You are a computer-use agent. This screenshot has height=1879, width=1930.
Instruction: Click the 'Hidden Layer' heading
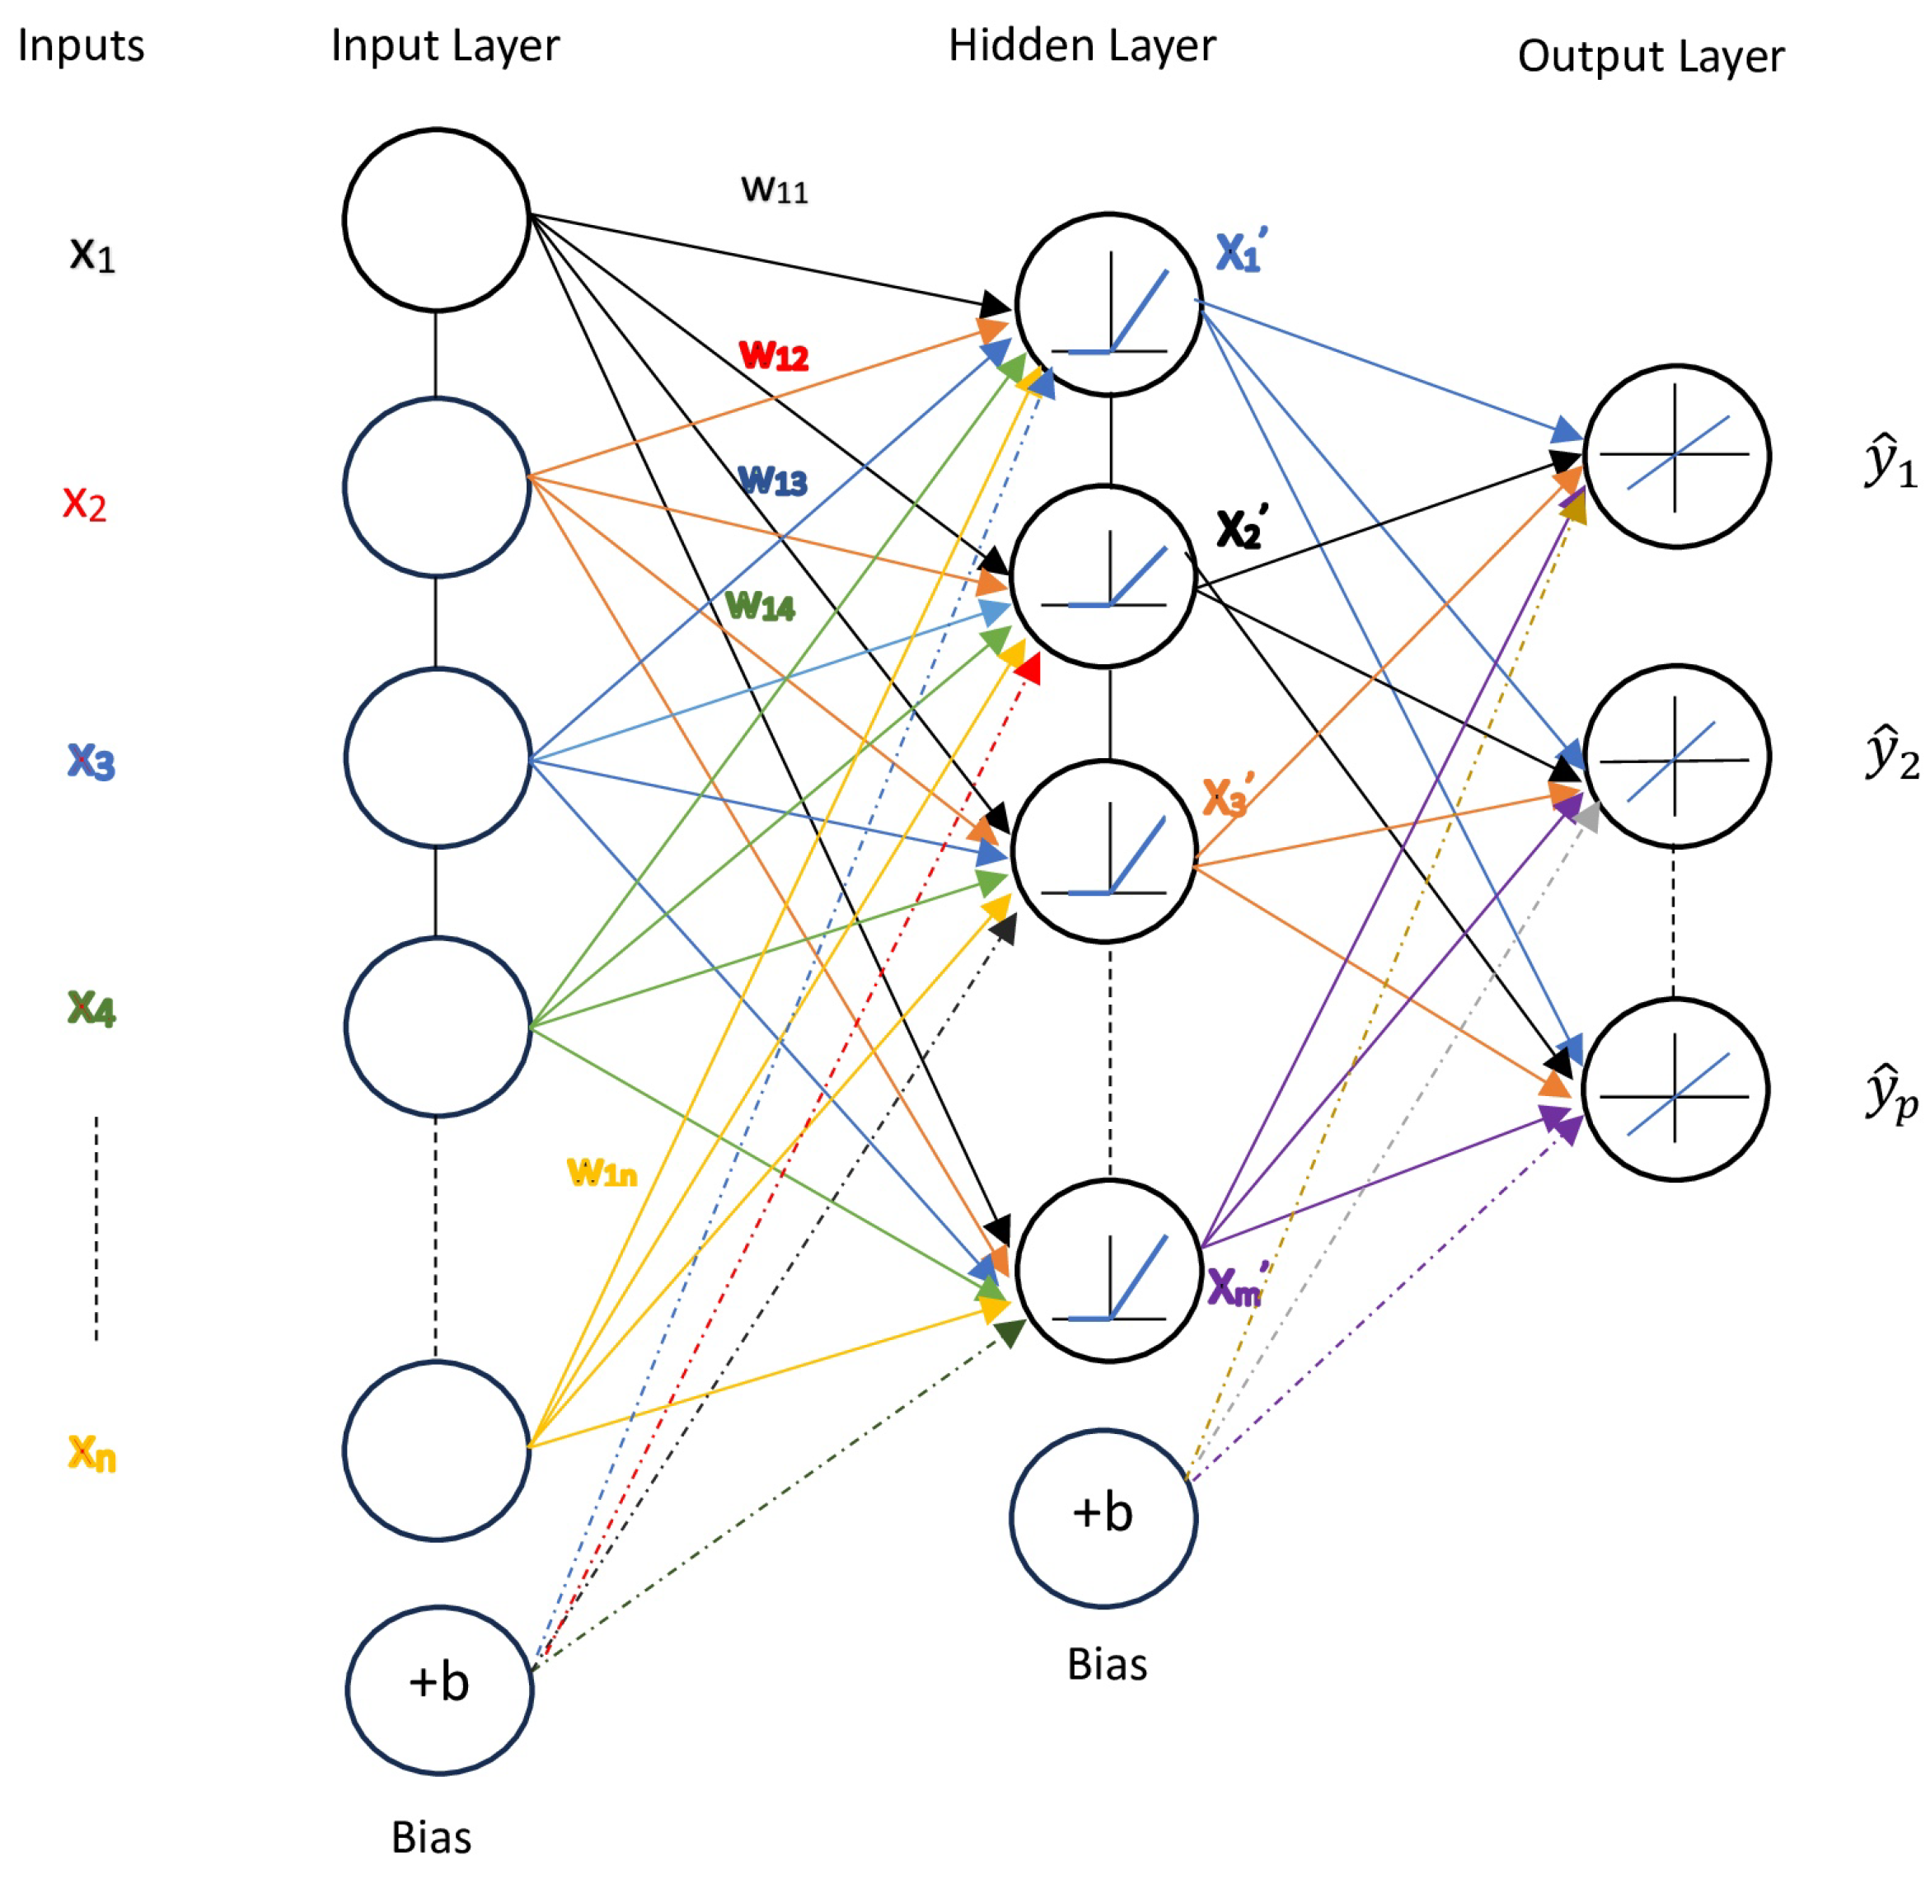pyautogui.click(x=1081, y=45)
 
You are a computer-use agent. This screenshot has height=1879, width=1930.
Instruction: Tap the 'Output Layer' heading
pyautogui.click(x=1650, y=56)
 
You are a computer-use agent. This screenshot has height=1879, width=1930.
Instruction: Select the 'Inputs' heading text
pyautogui.click(x=81, y=45)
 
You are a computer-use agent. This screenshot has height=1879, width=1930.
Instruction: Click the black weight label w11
pyautogui.click(x=775, y=189)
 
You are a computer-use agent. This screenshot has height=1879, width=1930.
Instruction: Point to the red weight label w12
pyautogui.click(x=774, y=354)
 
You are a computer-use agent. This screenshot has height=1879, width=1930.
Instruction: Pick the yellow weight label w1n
pyautogui.click(x=602, y=1173)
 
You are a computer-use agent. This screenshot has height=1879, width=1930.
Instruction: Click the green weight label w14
pyautogui.click(x=760, y=605)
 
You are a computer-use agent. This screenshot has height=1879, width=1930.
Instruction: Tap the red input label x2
pyautogui.click(x=85, y=504)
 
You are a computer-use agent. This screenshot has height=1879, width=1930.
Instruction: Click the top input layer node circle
pyautogui.click(x=436, y=219)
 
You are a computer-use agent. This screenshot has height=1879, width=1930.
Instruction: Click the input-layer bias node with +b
pyautogui.click(x=439, y=1689)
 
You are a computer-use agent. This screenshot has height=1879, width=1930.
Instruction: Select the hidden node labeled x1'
pyautogui.click(x=1109, y=304)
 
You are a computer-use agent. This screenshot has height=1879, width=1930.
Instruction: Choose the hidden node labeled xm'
pyautogui.click(x=1109, y=1270)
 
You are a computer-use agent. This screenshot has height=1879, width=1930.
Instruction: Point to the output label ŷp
pyautogui.click(x=1890, y=1094)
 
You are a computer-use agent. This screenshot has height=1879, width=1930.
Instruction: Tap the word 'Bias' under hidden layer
pyautogui.click(x=1107, y=1665)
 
